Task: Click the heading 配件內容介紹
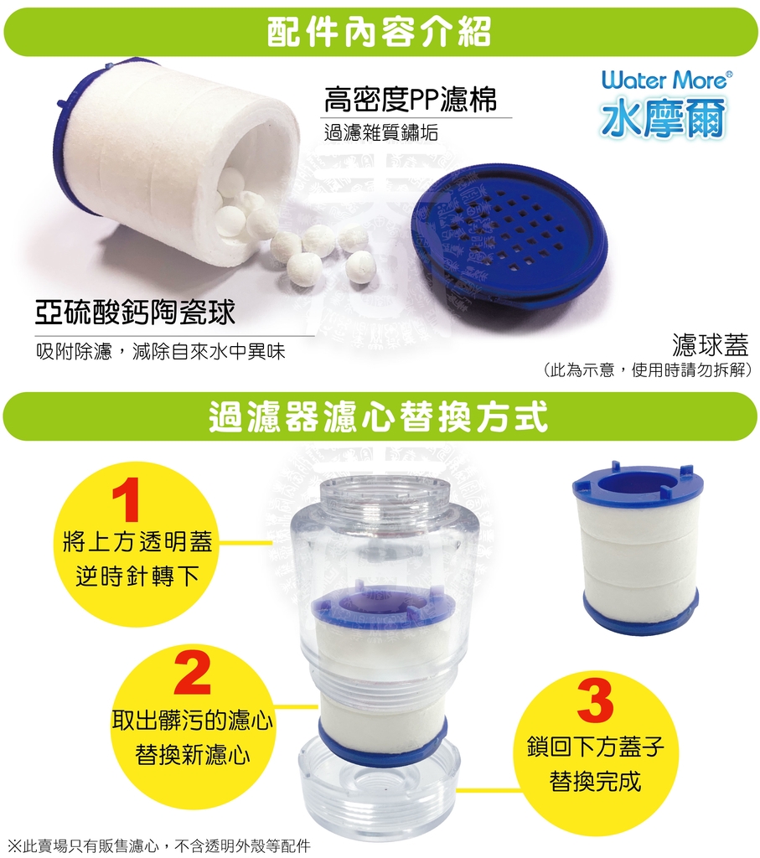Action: point(379,32)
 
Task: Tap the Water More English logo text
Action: point(666,80)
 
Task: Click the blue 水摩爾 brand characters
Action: point(663,117)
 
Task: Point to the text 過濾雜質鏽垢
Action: point(380,132)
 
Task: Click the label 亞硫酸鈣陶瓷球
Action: point(135,312)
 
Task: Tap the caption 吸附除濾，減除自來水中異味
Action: point(161,351)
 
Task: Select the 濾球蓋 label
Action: point(711,344)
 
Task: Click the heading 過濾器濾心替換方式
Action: point(379,417)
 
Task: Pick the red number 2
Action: point(193,674)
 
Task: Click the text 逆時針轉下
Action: point(137,576)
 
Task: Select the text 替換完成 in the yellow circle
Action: point(595,780)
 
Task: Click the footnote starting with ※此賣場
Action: point(160,845)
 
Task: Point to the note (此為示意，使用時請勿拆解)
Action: point(647,370)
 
